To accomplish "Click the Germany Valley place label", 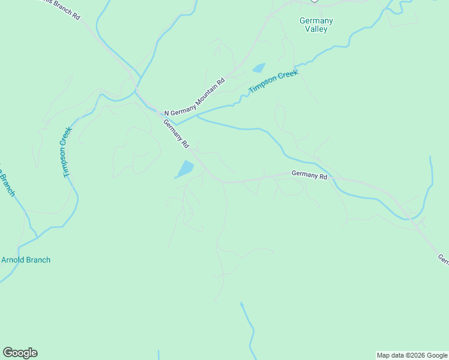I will pyautogui.click(x=316, y=25).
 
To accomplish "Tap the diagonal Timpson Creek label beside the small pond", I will pyautogui.click(x=274, y=82).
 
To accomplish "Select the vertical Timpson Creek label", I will pyautogui.click(x=66, y=152).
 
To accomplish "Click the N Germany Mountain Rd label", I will pyautogui.click(x=195, y=96).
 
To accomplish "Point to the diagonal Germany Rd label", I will pyautogui.click(x=176, y=133).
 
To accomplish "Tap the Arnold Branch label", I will pyautogui.click(x=26, y=260).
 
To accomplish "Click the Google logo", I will pyautogui.click(x=20, y=353).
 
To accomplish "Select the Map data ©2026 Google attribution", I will pyautogui.click(x=412, y=355).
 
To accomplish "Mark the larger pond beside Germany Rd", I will pyautogui.click(x=185, y=169).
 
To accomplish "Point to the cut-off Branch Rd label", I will pyautogui.click(x=60, y=8).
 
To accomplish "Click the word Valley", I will pyautogui.click(x=316, y=29).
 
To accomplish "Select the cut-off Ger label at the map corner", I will pyautogui.click(x=443, y=259).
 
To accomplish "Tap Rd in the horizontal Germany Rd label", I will pyautogui.click(x=323, y=176).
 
